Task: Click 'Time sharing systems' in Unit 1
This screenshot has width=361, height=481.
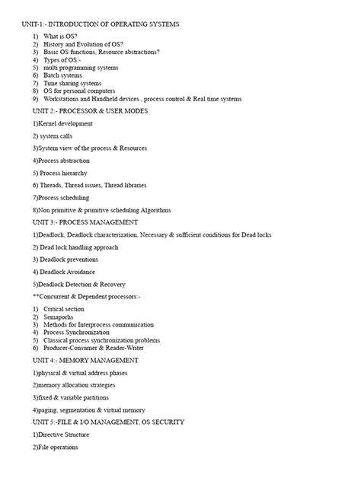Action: click(x=72, y=83)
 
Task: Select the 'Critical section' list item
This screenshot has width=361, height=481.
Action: click(x=65, y=310)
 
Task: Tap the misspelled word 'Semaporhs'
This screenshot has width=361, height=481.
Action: click(x=62, y=317)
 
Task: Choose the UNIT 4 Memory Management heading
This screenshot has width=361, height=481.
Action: click(x=85, y=360)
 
